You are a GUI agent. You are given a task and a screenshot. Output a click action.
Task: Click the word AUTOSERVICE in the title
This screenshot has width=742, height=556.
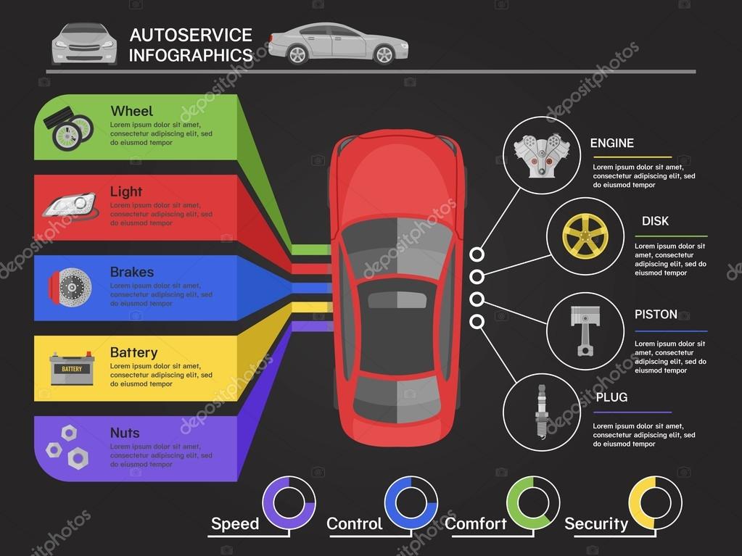pyautogui.click(x=191, y=35)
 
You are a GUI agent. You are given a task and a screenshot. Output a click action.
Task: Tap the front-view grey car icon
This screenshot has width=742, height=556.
pyautogui.click(x=84, y=43)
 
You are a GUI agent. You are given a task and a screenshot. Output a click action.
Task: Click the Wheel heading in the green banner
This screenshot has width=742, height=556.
pyautogui.click(x=131, y=111)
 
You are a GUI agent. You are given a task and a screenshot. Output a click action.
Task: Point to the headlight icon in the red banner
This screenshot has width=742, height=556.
pyautogui.click(x=69, y=205)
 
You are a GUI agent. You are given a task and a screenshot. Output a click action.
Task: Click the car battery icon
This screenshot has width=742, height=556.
pyautogui.click(x=72, y=368)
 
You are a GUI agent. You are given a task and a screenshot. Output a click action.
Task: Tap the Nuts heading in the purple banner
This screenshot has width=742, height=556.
pyautogui.click(x=124, y=433)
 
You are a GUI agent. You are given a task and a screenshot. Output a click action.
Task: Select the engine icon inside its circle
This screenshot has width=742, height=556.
pyautogui.click(x=541, y=155)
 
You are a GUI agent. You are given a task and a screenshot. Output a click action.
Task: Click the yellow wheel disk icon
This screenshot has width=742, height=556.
pyautogui.click(x=585, y=236)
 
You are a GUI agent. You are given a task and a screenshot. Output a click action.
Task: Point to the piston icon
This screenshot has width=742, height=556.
pyautogui.click(x=583, y=331)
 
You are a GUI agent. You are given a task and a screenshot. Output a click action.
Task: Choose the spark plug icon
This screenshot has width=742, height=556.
pyautogui.click(x=541, y=410)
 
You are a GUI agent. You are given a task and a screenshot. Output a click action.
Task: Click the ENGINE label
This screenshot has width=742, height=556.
pyautogui.click(x=611, y=143)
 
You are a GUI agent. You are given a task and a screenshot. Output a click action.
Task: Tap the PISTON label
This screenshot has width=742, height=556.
pyautogui.click(x=656, y=314)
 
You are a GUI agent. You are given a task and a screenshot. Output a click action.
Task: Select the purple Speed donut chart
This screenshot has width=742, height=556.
pyautogui.click(x=289, y=502)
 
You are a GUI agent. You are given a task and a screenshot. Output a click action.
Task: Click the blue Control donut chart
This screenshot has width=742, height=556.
pyautogui.click(x=411, y=502)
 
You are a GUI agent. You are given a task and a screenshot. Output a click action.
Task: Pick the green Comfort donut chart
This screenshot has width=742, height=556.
pyautogui.click(x=532, y=502)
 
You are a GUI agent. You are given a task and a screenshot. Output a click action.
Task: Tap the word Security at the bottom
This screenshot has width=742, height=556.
pyautogui.click(x=595, y=523)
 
